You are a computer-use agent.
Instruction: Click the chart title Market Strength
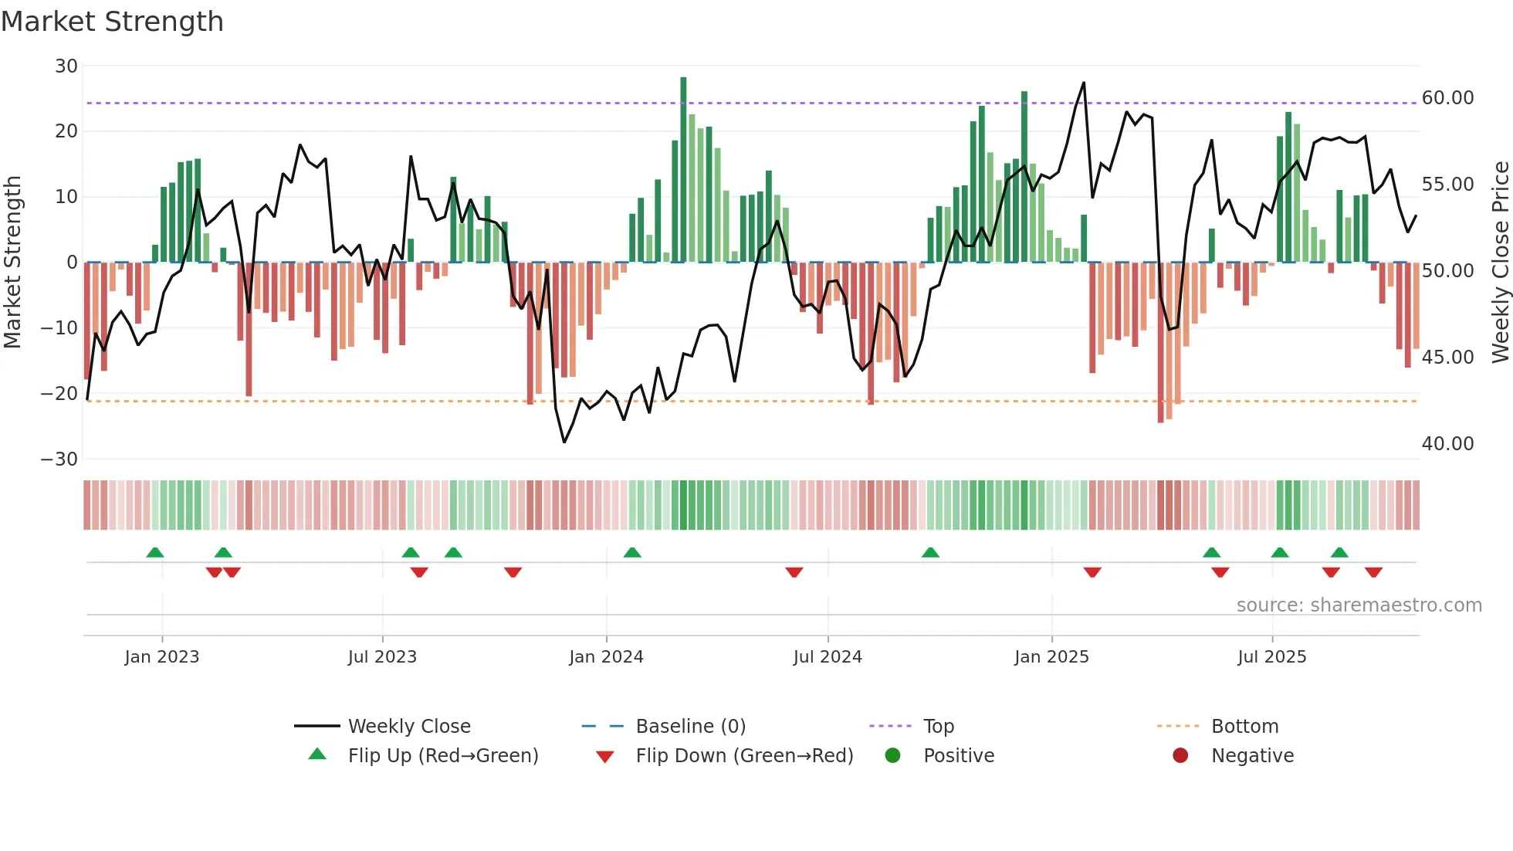coord(112,22)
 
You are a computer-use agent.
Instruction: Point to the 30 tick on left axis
coord(66,66)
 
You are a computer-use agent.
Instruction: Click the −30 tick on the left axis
coord(59,459)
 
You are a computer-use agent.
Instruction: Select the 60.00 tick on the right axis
coord(1447,98)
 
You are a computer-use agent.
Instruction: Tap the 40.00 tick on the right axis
coord(1447,444)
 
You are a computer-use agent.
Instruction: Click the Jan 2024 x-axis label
coord(606,657)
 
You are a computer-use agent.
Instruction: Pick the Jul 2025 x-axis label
coord(1271,657)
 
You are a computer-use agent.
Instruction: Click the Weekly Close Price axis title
coord(1500,263)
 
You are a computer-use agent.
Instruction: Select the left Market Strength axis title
coord(12,263)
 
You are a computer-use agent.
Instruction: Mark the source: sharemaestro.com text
coord(1359,605)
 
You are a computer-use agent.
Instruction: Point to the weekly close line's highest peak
coord(1084,83)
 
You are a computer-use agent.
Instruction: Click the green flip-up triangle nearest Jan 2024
coord(632,552)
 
